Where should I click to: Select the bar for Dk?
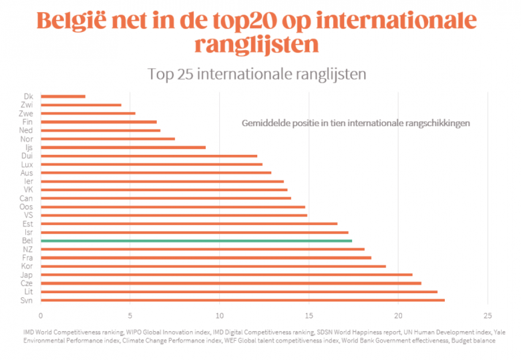pyautogui.click(x=63, y=97)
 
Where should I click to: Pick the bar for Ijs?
pyautogui.click(x=123, y=147)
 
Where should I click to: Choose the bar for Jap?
pyautogui.click(x=226, y=275)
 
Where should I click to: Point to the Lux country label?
pyautogui.click(x=27, y=164)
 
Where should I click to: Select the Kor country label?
pyautogui.click(x=27, y=266)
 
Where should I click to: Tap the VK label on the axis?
pyautogui.click(x=28, y=190)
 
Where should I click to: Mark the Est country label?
pyautogui.click(x=27, y=224)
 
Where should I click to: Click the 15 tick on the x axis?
pyautogui.click(x=309, y=316)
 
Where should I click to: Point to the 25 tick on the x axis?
pyautogui.click(x=488, y=316)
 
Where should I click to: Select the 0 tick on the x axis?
pyautogui.click(x=41, y=316)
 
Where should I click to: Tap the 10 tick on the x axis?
pyautogui.click(x=219, y=316)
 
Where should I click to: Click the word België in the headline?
pyautogui.click(x=77, y=20)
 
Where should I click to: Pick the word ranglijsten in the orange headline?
pyautogui.click(x=256, y=45)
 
